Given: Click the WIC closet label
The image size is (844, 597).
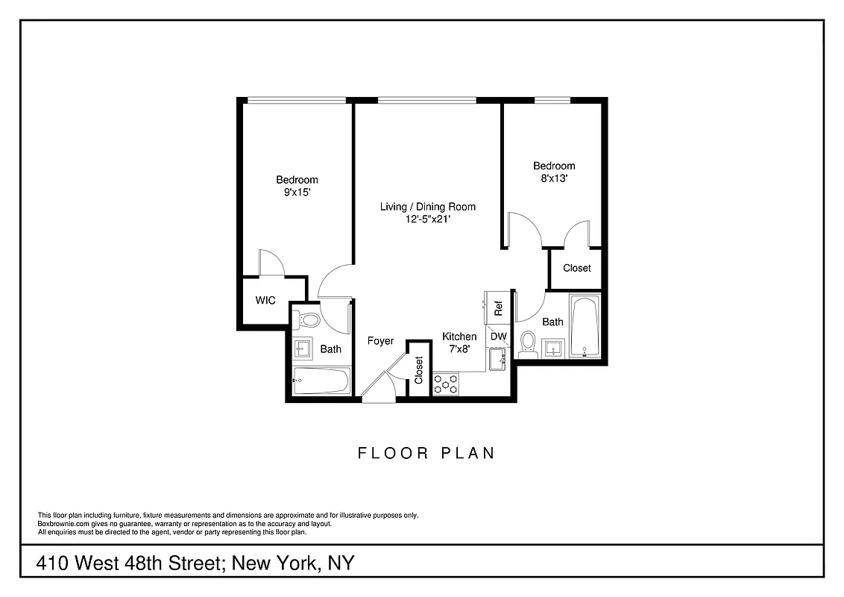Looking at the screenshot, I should pos(265,301).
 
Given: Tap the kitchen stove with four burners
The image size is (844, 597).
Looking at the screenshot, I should pos(446,384).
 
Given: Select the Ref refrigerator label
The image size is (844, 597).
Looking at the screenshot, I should pos(499,306).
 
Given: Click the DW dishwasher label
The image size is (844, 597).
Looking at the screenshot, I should pos(498,337).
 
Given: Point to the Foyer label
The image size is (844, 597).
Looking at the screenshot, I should pos(380,341).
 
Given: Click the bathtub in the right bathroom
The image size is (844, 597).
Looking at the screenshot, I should pos(585,328).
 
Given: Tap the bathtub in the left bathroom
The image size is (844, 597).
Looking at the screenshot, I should pos(321,381).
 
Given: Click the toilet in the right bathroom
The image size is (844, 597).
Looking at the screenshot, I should pos(529,343).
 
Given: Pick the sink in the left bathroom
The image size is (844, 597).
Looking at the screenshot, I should pos(303,348).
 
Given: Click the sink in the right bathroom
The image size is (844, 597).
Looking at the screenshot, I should pos(552,347).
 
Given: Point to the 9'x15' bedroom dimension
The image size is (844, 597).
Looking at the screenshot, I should pos(297,192).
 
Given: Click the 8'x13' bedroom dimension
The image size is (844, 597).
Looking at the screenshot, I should pos(554,178).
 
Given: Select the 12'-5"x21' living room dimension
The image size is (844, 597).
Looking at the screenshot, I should pos(427,219).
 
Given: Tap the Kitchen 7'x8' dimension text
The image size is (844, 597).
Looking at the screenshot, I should pos(459,348).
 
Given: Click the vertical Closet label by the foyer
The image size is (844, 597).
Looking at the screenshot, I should pos(419,370).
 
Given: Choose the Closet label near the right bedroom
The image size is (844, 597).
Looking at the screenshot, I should pos(576,268).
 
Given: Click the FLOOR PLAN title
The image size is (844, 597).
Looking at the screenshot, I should pos(426,453).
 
